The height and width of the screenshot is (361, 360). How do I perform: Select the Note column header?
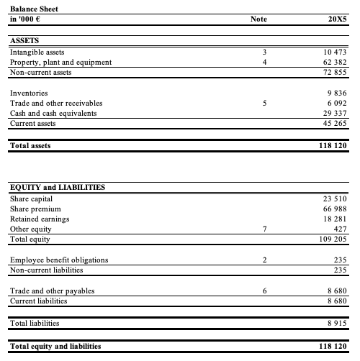258,19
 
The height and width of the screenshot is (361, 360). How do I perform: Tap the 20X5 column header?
337,19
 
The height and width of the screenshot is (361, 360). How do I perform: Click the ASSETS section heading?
25,42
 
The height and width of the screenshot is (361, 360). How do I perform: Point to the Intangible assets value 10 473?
333,52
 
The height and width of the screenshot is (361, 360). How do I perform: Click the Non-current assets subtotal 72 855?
333,73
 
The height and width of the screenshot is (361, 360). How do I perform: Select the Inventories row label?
30,93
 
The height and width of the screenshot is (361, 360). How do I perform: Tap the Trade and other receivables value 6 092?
336,104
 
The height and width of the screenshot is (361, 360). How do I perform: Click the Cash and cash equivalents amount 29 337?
333,114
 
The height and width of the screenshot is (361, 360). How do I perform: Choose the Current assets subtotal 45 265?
333,124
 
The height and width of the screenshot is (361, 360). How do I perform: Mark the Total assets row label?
30,145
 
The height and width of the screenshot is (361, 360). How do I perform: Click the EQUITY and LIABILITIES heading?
58,187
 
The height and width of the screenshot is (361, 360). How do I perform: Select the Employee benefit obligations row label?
59,260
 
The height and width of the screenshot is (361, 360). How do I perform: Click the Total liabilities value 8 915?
336,324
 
